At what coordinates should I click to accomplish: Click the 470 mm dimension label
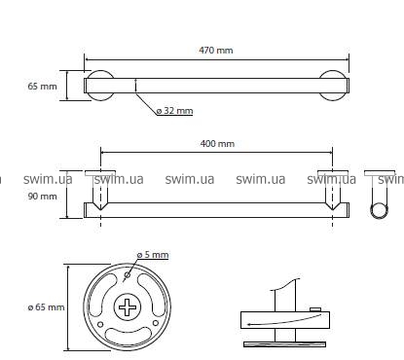coord(216,51)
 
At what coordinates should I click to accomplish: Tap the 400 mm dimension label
coord(217,143)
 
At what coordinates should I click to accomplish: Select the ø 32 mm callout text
coord(174,111)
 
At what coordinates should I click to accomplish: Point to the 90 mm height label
coord(42,197)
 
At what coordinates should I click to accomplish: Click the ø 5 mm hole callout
coord(153,255)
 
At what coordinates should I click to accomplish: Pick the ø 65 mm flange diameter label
coord(46,306)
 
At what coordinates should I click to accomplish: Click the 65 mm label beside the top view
coord(42,87)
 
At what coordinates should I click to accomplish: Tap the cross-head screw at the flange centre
coord(127,307)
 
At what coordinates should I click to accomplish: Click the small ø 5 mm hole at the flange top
coord(128,275)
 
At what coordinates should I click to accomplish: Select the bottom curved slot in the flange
coord(129,336)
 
